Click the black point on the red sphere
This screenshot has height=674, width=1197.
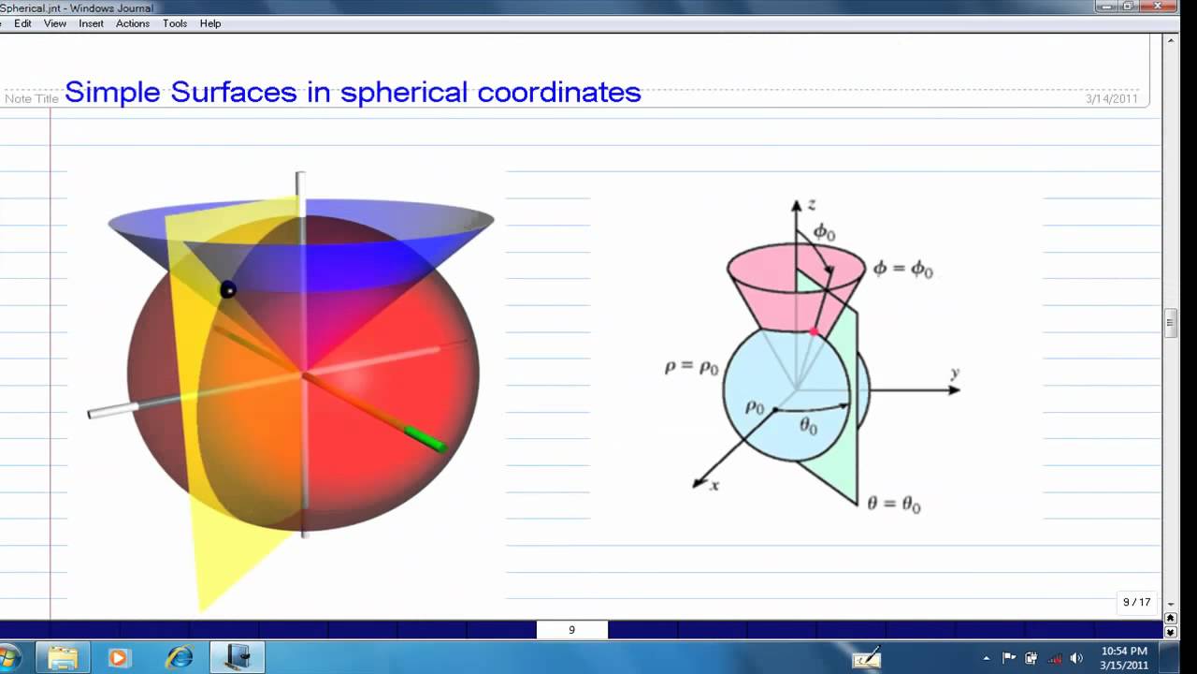227,290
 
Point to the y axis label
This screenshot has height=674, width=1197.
955,374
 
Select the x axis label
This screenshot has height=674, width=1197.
715,486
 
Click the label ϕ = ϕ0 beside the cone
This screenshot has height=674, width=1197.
902,270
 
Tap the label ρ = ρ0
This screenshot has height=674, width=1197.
691,368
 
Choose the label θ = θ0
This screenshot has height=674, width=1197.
893,505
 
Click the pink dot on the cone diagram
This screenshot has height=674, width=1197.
814,331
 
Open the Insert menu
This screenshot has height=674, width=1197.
91,23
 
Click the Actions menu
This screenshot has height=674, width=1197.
132,23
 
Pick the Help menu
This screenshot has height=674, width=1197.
209,23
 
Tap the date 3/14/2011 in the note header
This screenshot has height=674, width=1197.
1111,98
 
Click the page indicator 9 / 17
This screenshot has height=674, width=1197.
1136,602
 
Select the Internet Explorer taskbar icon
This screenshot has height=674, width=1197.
178,657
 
